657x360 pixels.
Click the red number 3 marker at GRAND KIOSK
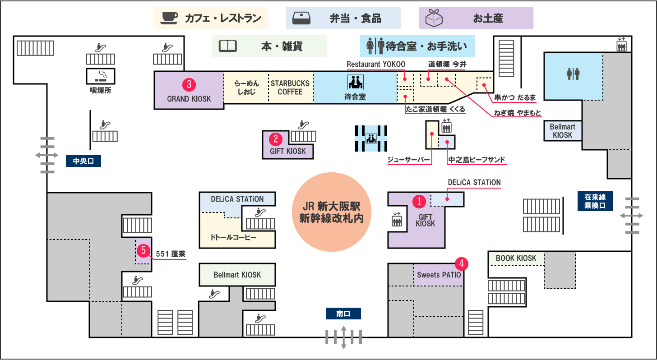(189, 84)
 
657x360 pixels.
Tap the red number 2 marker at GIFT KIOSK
(276, 138)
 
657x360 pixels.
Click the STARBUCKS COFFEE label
(290, 88)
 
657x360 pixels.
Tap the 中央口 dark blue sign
(83, 161)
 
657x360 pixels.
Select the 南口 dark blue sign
(343, 314)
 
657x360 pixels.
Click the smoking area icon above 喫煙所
(101, 76)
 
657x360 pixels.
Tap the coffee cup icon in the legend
(170, 18)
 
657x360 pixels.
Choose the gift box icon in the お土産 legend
(434, 18)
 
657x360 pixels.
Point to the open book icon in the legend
(228, 46)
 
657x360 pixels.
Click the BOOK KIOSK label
(516, 258)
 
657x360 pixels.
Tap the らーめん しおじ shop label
(246, 88)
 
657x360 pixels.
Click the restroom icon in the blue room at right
(573, 74)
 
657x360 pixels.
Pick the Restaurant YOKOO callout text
(376, 64)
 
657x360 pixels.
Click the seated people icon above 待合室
(355, 82)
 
